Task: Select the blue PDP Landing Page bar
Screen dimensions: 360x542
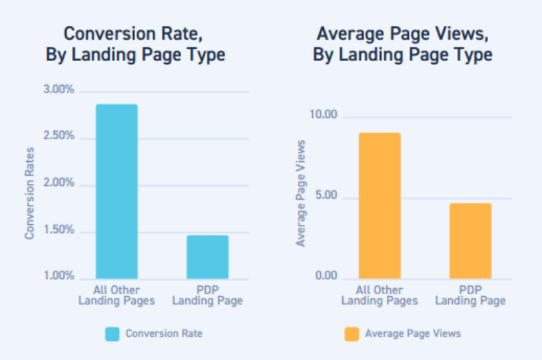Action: click(207, 256)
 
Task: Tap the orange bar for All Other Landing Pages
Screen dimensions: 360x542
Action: click(379, 206)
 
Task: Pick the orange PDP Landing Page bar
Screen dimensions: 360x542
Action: click(471, 241)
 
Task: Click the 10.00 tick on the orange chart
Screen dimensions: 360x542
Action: click(322, 115)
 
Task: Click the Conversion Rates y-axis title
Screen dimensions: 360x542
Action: click(30, 193)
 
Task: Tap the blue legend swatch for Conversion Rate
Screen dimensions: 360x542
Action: click(112, 334)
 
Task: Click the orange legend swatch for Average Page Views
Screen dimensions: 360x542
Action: click(351, 334)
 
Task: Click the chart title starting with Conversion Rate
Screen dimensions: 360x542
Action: click(135, 44)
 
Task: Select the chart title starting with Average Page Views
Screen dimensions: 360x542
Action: click(403, 44)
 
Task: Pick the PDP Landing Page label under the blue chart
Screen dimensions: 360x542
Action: click(207, 296)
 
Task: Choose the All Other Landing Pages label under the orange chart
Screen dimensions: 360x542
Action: click(379, 296)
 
